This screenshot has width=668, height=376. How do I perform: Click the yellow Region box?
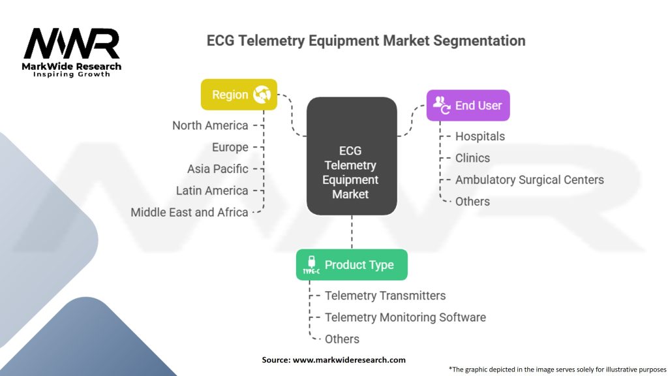(x=239, y=95)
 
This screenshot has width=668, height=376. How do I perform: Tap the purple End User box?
(x=468, y=105)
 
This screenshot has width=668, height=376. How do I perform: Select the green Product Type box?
(x=352, y=264)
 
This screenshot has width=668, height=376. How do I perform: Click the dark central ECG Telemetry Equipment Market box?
(x=351, y=157)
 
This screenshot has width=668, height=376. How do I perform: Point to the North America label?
(x=210, y=125)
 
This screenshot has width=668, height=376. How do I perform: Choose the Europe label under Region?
(x=230, y=147)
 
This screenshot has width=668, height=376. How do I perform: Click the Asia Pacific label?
(x=217, y=168)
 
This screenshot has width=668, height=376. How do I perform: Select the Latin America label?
(x=212, y=191)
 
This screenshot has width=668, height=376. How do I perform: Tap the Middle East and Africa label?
(x=189, y=212)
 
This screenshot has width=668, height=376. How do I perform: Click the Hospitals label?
(x=480, y=136)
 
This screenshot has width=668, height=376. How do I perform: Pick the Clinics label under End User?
(x=472, y=158)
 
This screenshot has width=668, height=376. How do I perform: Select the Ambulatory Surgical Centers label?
(x=530, y=180)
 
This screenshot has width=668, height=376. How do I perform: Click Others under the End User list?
(x=472, y=201)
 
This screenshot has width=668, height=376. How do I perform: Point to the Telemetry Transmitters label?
(x=385, y=295)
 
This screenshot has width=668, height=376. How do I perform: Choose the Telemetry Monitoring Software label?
(x=405, y=317)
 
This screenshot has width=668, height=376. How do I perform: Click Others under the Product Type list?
(x=342, y=339)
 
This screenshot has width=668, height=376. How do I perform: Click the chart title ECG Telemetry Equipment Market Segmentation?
(x=366, y=40)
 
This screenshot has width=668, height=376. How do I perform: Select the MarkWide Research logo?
(x=72, y=52)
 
